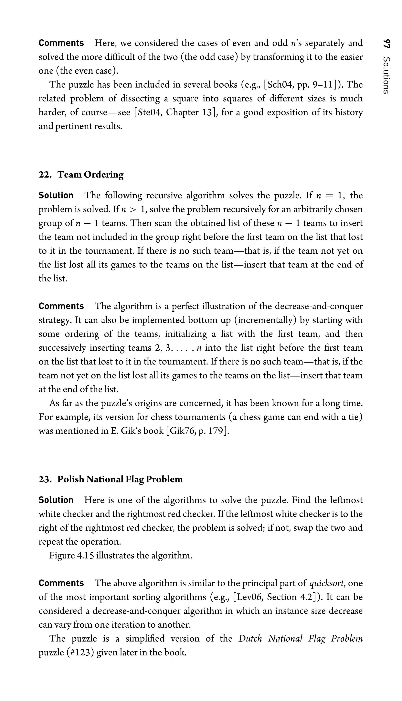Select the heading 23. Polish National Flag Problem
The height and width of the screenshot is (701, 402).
(x=111, y=479)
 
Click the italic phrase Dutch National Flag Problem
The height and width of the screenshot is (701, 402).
(x=300, y=638)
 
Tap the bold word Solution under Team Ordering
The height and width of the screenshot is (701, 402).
(x=56, y=195)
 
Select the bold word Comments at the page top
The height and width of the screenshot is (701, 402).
(x=61, y=43)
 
